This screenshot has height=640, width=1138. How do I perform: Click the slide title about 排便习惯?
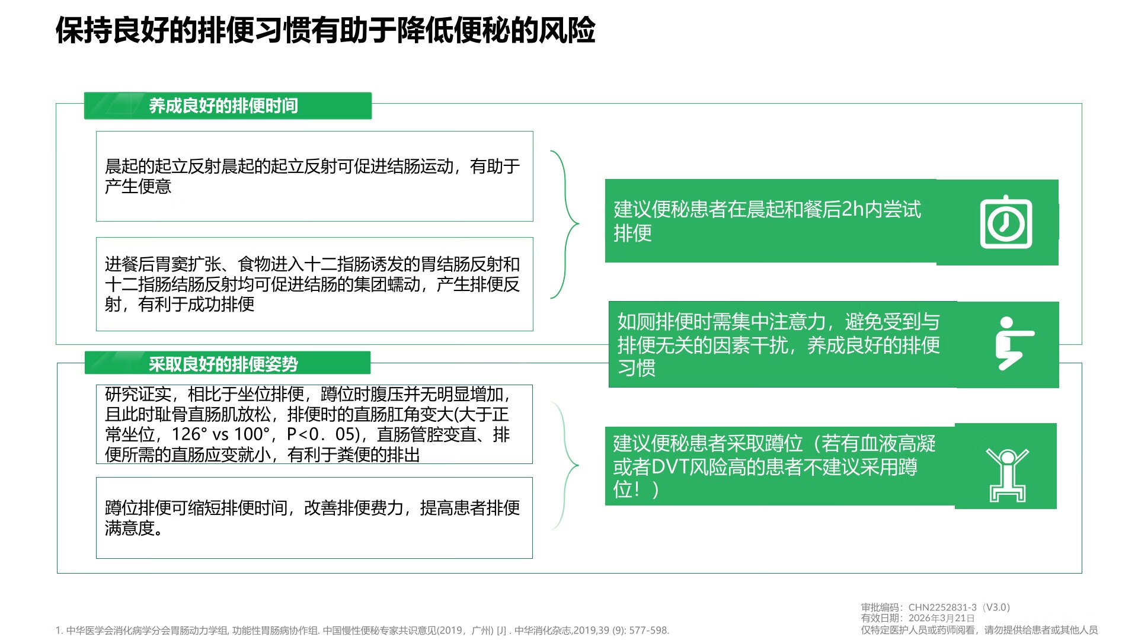tap(325, 30)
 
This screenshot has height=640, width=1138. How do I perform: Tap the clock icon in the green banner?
tap(1006, 222)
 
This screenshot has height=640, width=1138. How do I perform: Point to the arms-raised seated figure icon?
tap(1007, 475)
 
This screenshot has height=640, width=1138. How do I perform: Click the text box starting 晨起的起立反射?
tap(315, 177)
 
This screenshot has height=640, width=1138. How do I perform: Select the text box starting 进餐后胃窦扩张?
tap(315, 284)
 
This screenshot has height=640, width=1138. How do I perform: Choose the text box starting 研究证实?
tap(315, 424)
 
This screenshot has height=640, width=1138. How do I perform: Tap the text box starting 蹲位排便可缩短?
tap(315, 518)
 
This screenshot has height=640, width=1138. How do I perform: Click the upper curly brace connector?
tap(565, 225)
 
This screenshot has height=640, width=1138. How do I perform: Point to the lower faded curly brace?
tap(565, 466)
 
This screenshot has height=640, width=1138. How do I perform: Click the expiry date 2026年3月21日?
tap(941, 618)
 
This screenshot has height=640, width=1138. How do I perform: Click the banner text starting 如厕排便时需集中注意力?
tap(778, 345)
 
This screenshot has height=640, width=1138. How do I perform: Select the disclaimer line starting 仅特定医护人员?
tap(979, 630)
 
